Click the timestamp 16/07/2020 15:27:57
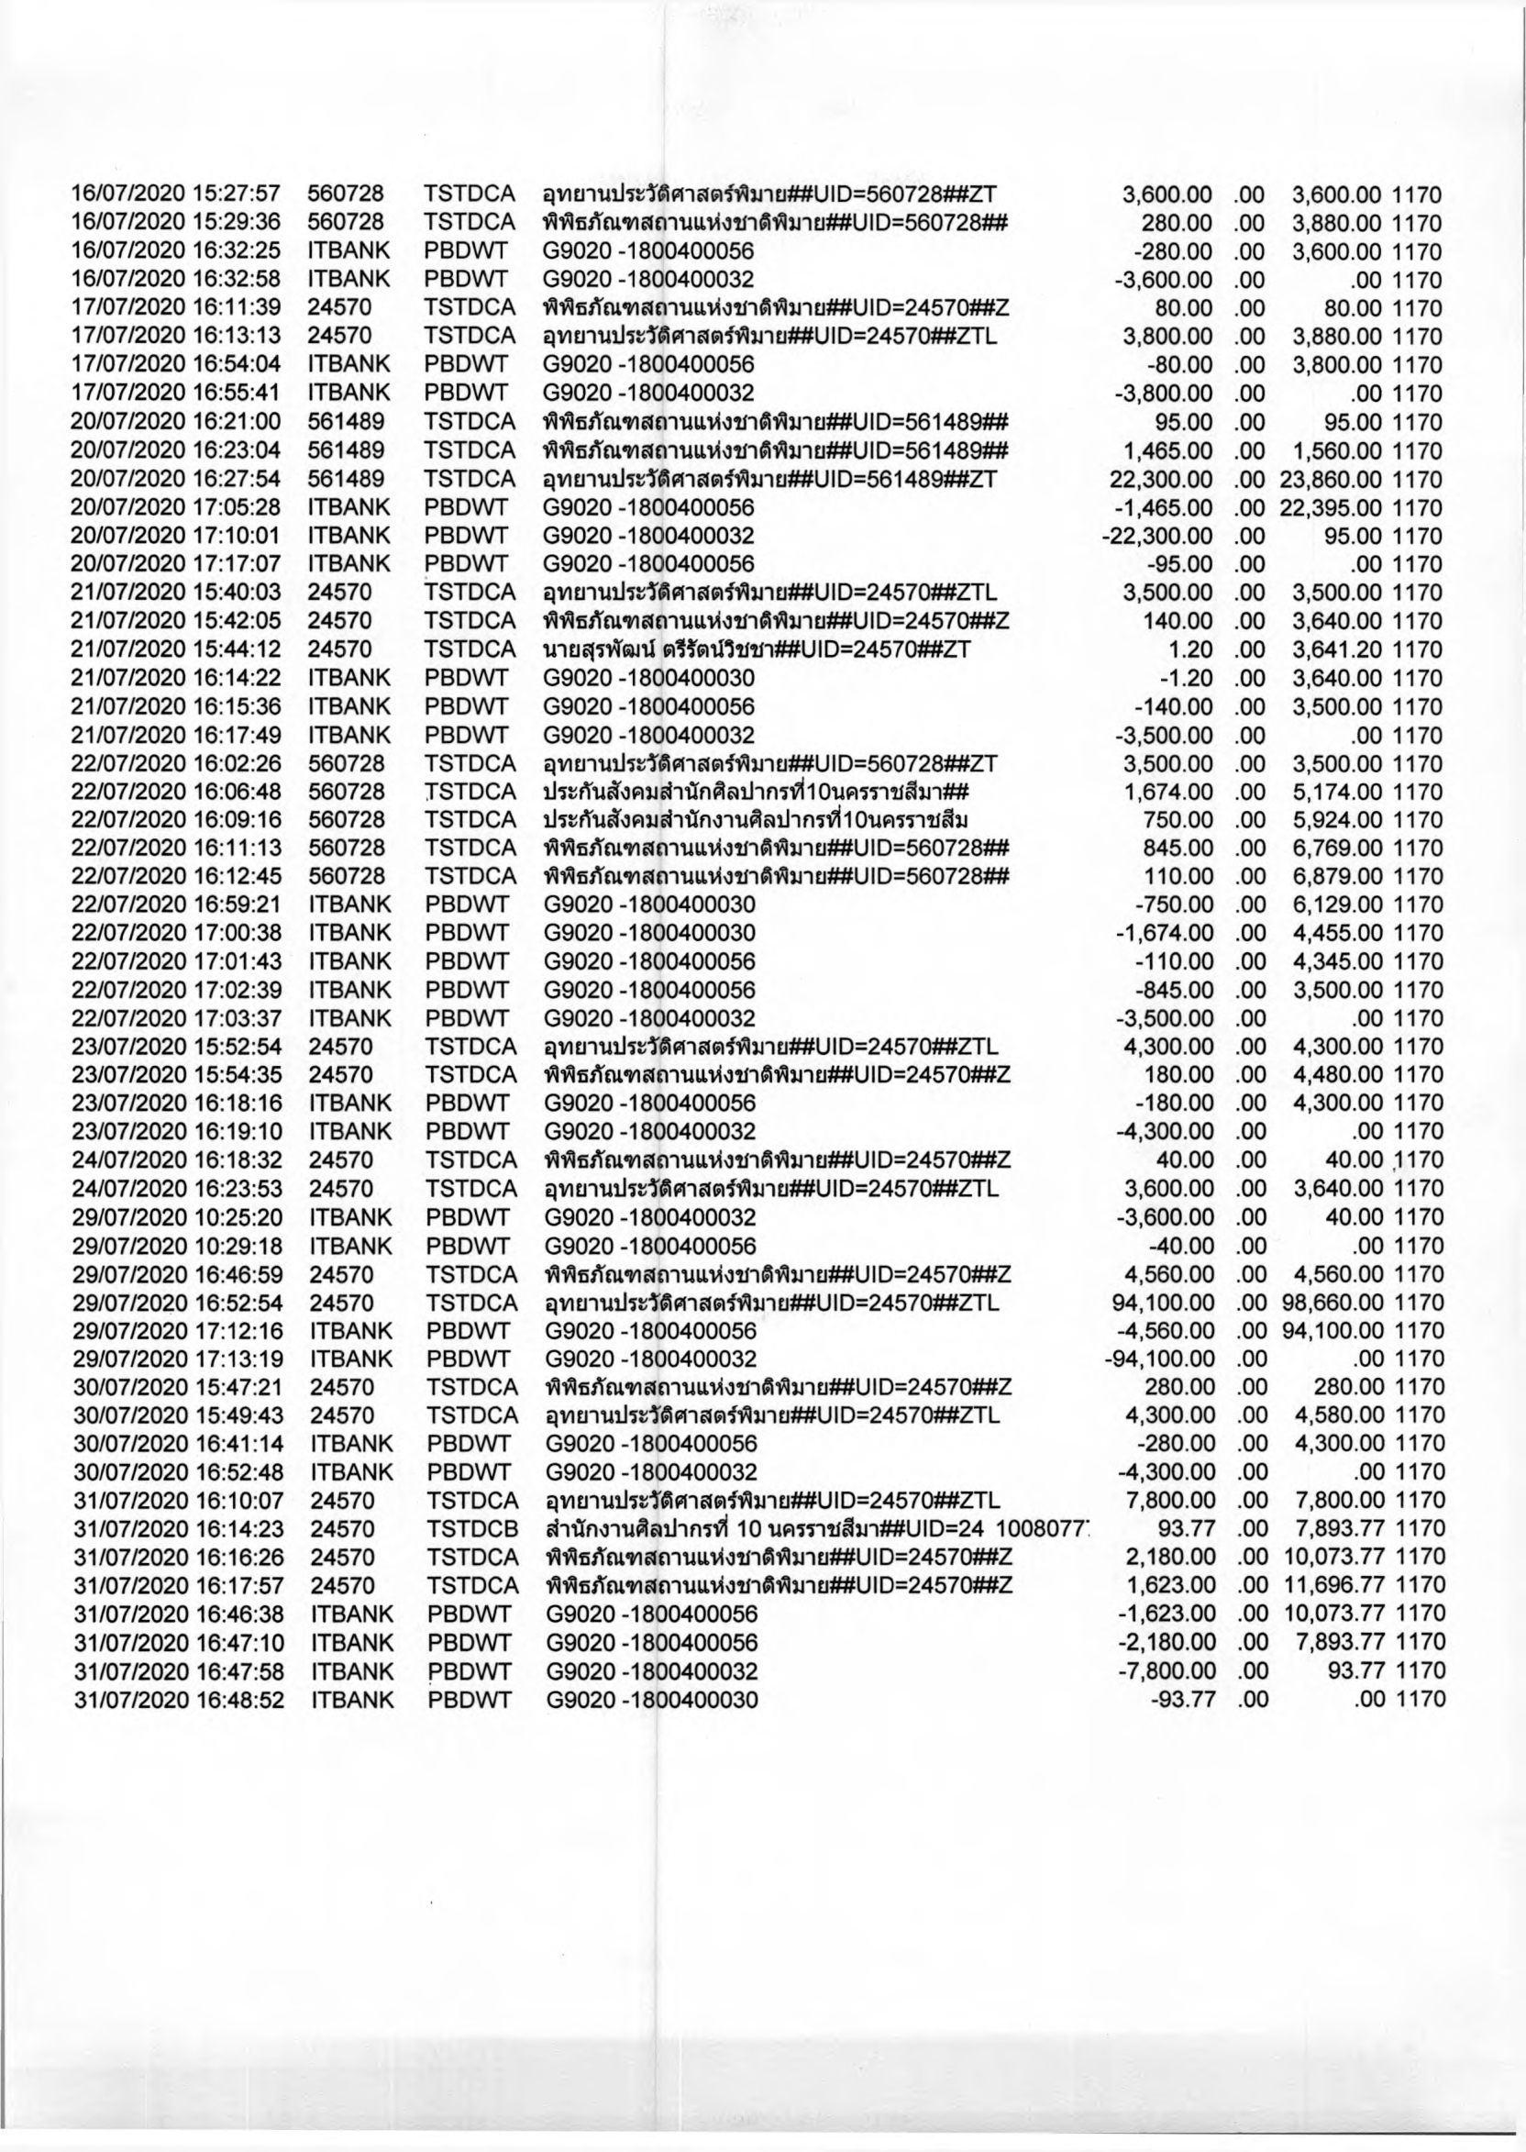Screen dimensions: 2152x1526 point(176,194)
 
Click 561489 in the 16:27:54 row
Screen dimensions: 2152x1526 point(346,479)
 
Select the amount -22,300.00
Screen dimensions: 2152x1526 point(1157,536)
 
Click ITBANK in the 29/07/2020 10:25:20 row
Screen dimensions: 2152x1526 point(349,1217)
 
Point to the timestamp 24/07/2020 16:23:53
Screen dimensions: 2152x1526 point(177,1189)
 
